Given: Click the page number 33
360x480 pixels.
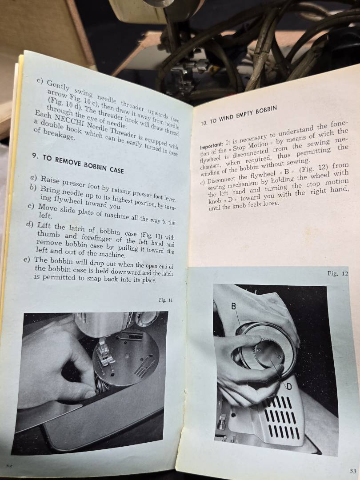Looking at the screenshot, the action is [x=352, y=471].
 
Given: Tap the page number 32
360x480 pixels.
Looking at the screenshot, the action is [x=8, y=465].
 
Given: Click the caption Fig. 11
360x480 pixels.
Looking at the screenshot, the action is [x=166, y=300].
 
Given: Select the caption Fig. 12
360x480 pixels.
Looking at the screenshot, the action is [x=338, y=273].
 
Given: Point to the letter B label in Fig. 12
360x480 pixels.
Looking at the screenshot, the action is [x=234, y=306].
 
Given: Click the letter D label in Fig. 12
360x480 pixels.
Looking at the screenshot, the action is [x=289, y=387].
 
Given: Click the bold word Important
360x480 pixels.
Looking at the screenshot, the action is [x=212, y=144].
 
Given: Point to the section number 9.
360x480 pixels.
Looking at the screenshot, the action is [x=35, y=156].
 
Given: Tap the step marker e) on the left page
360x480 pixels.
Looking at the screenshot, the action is [x=27, y=260].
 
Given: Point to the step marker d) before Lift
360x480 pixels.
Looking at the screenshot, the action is [x=30, y=225].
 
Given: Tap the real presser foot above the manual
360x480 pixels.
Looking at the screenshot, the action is [x=186, y=73].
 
